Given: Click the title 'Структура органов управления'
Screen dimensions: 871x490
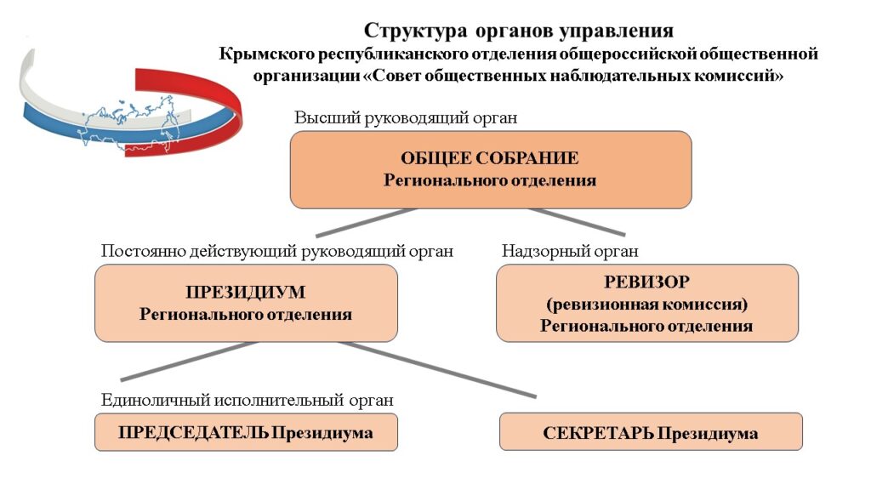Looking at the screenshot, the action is coord(518,31).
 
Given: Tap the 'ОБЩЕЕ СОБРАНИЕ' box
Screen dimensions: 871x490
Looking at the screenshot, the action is coord(491,170).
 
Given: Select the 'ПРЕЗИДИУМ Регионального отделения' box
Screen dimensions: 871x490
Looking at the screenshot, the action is coord(246,304).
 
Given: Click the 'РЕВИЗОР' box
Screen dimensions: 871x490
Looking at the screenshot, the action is coord(647,304).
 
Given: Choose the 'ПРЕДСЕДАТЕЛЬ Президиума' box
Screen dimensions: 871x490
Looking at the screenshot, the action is coord(246,432).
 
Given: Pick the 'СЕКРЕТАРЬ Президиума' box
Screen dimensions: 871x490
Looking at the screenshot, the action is coord(651,431).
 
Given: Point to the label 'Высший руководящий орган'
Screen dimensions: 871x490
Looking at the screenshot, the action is coord(406,118).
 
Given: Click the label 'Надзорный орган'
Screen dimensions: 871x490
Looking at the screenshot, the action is coord(570,251).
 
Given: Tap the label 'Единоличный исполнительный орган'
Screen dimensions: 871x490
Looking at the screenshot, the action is coord(248,400).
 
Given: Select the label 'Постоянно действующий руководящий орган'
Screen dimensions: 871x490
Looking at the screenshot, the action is coord(277,251).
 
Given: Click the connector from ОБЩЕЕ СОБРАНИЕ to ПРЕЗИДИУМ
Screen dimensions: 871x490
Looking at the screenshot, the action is coord(366,223).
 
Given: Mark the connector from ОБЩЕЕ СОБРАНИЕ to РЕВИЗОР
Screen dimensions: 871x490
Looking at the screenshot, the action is coord(577,222).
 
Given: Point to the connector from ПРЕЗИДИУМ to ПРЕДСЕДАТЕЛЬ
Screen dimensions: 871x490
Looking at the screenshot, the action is coord(189,361).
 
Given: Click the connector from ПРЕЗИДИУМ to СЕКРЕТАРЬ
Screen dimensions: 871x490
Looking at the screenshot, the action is coord(437,370).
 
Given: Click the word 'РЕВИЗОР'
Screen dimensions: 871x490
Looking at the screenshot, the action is coord(646,282).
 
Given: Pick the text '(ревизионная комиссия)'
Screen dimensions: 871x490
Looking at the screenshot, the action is coord(646,304).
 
